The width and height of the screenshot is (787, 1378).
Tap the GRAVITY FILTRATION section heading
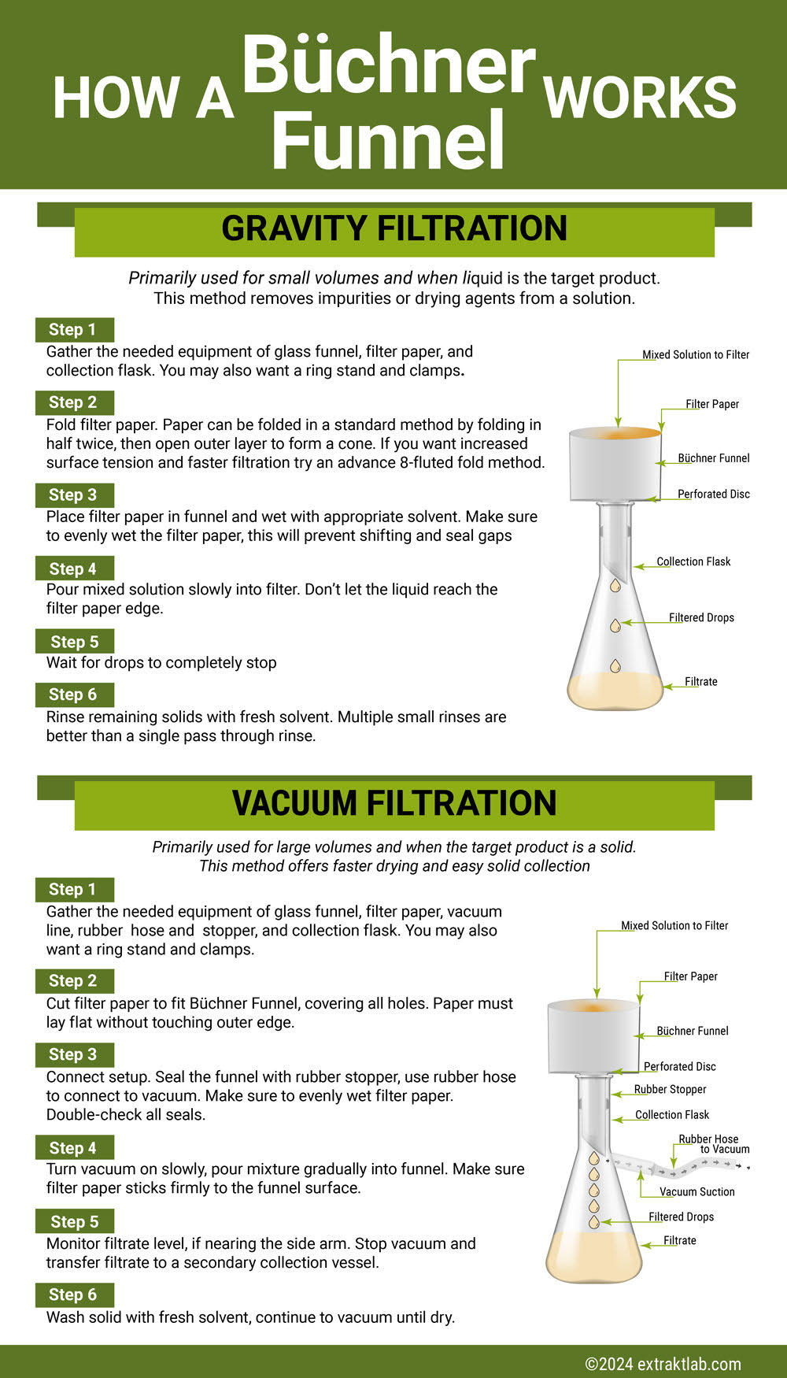(394, 229)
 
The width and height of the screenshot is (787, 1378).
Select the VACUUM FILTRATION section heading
(394, 803)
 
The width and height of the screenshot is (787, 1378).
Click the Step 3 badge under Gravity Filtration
(73, 495)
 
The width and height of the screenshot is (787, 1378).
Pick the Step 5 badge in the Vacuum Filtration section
(74, 1221)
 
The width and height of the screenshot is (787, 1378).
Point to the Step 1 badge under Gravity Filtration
(73, 329)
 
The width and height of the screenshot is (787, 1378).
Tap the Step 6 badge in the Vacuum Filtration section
(73, 1295)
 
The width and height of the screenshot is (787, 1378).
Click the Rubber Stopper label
(670, 1089)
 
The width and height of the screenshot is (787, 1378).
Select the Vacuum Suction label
(696, 1191)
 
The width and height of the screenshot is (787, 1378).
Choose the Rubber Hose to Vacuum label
(712, 1144)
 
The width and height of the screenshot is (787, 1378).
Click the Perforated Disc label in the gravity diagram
(713, 494)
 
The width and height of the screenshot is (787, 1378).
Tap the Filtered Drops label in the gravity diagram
(701, 617)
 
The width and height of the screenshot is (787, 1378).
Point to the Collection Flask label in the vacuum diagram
(672, 1114)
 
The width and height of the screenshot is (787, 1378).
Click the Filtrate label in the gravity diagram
(700, 681)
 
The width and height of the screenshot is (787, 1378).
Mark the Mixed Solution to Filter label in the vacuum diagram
(674, 925)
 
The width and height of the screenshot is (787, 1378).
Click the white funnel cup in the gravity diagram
(614, 465)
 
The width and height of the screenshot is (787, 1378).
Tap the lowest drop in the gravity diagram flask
(615, 665)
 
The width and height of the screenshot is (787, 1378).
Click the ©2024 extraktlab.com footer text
(663, 1364)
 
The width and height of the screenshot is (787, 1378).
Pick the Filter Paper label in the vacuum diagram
(690, 976)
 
